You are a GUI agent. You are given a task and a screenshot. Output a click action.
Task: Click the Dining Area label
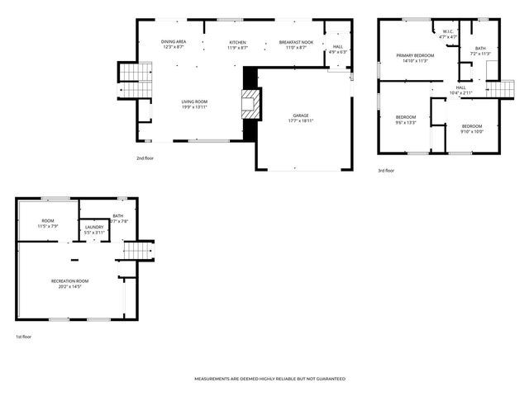coord(174,41)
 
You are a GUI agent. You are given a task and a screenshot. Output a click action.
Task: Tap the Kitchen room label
coord(237,41)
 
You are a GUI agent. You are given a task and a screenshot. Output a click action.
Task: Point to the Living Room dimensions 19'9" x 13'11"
coord(194,107)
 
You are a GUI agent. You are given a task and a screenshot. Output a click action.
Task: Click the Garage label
coord(301,115)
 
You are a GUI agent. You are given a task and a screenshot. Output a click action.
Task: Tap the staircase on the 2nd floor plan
coord(132,78)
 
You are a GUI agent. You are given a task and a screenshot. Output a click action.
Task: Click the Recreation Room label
coord(70,281)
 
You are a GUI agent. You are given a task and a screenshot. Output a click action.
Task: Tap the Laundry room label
coord(94,228)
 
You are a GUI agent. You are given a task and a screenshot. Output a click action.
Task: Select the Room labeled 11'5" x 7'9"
coord(48,221)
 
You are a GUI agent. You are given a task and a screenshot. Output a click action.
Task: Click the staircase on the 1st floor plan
coord(138,250)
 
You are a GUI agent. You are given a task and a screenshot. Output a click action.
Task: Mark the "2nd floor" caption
coord(145,158)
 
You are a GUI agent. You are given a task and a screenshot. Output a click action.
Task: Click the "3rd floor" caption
coord(385,171)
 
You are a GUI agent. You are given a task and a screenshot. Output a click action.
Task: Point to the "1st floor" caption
coord(23,337)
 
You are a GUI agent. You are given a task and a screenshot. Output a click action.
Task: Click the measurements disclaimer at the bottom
coord(269,379)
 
